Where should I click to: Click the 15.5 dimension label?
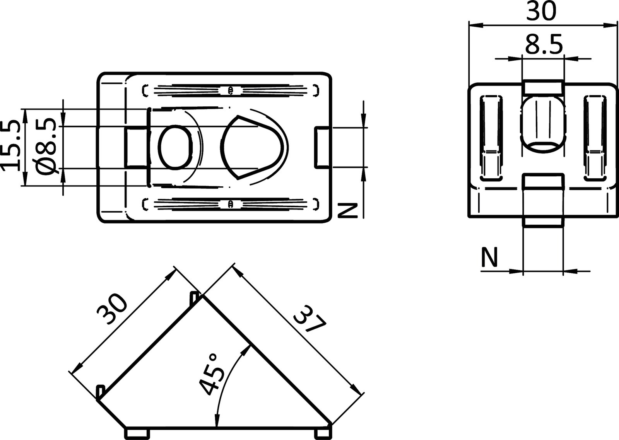click(x=11, y=145)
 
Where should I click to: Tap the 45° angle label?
click(x=212, y=374)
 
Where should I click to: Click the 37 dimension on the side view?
click(x=309, y=318)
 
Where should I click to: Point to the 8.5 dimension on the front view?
click(x=543, y=45)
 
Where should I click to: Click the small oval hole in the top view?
click(x=175, y=147)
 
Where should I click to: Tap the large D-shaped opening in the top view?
click(x=251, y=147)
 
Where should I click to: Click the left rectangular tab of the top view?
click(x=136, y=148)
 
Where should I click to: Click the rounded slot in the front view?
click(x=542, y=123)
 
